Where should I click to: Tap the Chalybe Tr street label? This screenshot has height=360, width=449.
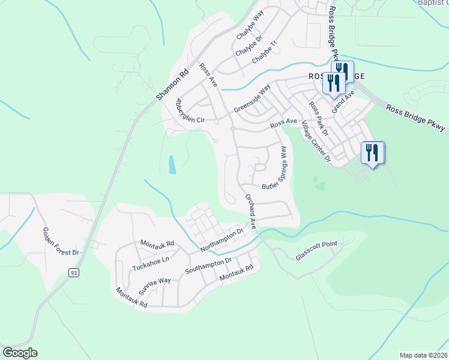266,53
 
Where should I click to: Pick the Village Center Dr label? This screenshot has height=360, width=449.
316,142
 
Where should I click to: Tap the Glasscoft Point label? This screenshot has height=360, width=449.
317,250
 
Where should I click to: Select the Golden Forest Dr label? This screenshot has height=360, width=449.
61,241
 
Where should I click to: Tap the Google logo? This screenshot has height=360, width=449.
20,353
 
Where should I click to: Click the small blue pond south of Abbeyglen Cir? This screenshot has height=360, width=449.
172,164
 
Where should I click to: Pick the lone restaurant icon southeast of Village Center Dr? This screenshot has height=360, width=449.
372,154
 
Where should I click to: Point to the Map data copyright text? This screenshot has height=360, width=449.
423,355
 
